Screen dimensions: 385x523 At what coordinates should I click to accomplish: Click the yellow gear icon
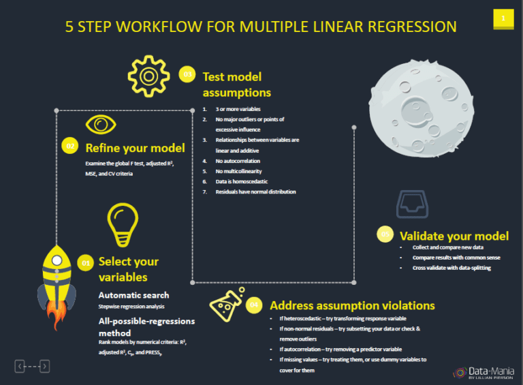click(148, 75)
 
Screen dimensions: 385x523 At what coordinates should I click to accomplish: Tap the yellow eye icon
click(101, 124)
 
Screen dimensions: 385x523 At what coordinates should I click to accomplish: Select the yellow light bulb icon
click(123, 224)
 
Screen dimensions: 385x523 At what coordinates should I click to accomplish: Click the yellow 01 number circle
click(86, 262)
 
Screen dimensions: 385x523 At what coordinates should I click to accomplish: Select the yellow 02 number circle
click(70, 145)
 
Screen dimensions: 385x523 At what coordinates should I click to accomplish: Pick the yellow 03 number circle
click(187, 74)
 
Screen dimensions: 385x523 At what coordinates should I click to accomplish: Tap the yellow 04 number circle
click(254, 305)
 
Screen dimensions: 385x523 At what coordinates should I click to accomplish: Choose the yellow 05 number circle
click(385, 234)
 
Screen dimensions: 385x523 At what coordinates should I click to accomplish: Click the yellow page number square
click(503, 19)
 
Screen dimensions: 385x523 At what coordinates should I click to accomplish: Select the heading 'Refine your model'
click(135, 148)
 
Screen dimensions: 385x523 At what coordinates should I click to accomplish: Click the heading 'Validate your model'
click(454, 236)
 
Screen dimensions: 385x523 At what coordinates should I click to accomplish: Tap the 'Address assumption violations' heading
click(352, 305)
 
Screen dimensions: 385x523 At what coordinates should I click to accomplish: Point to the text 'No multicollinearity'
click(238, 172)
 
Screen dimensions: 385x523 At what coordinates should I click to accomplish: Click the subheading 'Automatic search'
click(133, 295)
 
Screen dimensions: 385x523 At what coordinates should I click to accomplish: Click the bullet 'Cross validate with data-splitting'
click(451, 268)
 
